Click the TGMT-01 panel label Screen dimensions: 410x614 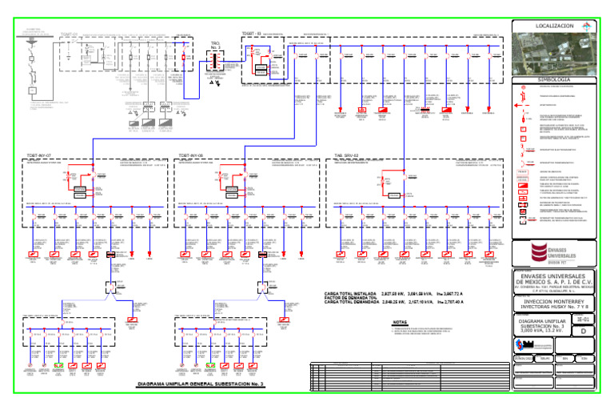click(x=73, y=35)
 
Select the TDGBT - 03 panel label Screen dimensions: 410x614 click(x=253, y=34)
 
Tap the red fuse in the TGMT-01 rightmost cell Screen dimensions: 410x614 click(x=185, y=58)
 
